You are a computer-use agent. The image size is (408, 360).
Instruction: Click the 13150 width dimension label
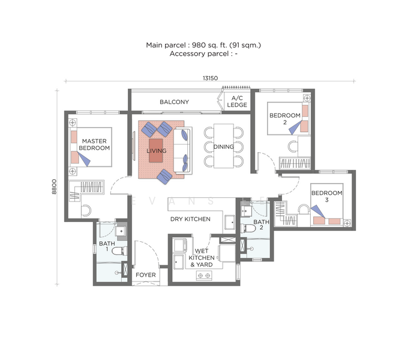[x=209, y=77]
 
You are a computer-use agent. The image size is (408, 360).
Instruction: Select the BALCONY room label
[x=174, y=102]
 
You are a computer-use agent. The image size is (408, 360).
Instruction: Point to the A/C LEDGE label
[x=237, y=102]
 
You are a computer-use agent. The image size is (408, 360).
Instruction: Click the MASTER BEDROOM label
[x=95, y=143]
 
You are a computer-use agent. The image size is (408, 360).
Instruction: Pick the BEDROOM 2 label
[x=284, y=118]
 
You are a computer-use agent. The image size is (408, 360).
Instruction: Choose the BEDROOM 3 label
[x=326, y=196]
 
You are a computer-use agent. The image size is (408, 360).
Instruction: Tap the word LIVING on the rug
[x=157, y=151]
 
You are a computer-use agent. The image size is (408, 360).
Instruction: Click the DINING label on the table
[x=223, y=146]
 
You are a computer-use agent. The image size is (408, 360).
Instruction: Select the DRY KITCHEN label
[x=190, y=219]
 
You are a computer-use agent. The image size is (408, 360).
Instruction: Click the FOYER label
[x=146, y=275]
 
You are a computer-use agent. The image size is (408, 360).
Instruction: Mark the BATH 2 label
[x=261, y=225]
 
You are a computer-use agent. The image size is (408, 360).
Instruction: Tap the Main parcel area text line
[x=203, y=45]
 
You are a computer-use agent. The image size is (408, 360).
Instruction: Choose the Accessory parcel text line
[x=203, y=54]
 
